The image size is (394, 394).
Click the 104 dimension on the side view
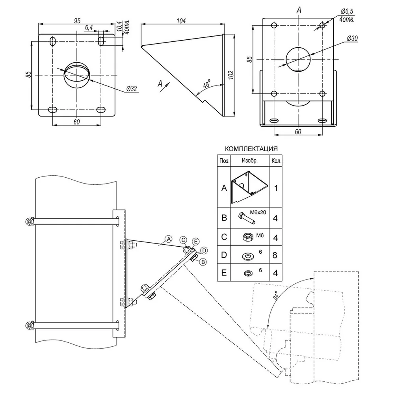181,20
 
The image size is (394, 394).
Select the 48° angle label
207,84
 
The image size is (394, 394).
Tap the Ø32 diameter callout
132,88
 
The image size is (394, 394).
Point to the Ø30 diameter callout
352,39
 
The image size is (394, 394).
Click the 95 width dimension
77,20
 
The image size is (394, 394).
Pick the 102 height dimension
231,75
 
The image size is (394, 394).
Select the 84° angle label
276,295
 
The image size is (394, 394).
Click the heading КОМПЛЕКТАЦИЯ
251,149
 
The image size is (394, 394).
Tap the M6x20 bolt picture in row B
246,217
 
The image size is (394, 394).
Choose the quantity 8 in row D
275,255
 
